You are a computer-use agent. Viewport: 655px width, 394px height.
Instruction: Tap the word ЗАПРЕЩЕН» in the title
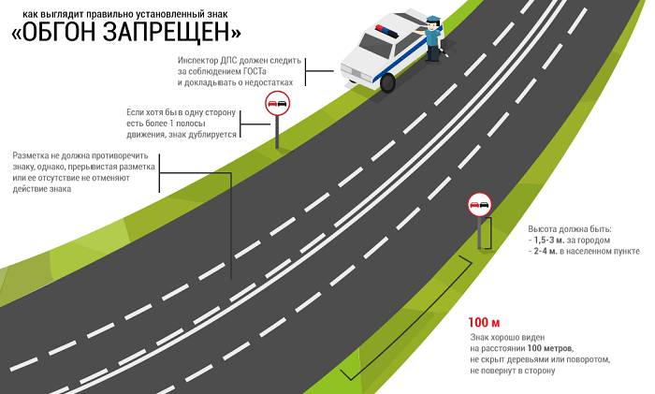coord(171,32)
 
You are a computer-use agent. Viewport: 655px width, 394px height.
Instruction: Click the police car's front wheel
coord(387,82)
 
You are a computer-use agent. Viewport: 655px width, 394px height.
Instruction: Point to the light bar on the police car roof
coord(386,31)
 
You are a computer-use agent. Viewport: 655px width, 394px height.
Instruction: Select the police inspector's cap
coord(431,20)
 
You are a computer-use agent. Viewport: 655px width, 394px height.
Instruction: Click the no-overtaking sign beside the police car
coord(277,104)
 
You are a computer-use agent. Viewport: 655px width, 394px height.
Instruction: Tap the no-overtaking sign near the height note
coord(479,204)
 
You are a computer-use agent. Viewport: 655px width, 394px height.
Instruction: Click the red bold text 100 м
coord(484,323)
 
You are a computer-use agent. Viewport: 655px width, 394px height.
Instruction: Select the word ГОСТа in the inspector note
coord(255,71)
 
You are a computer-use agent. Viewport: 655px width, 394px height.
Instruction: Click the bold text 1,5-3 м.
coord(549,241)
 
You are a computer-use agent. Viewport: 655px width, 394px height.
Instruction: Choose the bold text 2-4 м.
coord(546,251)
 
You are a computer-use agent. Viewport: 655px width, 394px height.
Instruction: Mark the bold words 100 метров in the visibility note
coord(550,348)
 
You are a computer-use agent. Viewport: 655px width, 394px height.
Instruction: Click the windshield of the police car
coord(374,44)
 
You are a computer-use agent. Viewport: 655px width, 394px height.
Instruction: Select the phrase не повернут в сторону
coord(513,371)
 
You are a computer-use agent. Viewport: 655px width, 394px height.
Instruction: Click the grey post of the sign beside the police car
coord(277,132)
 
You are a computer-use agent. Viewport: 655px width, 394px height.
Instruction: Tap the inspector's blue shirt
coord(433,38)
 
